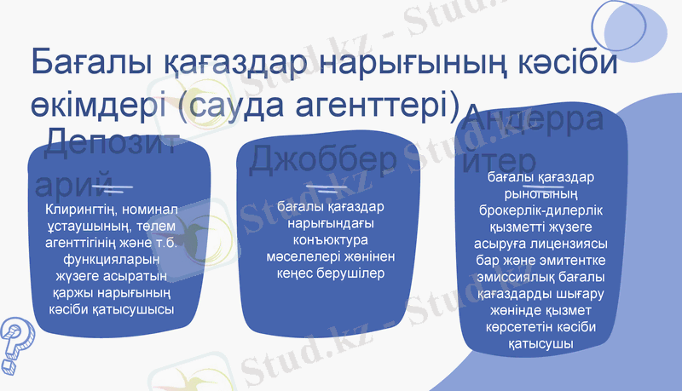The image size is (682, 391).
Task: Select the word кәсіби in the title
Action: click(x=546, y=64)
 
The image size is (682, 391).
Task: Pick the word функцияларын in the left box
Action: click(x=111, y=260)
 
